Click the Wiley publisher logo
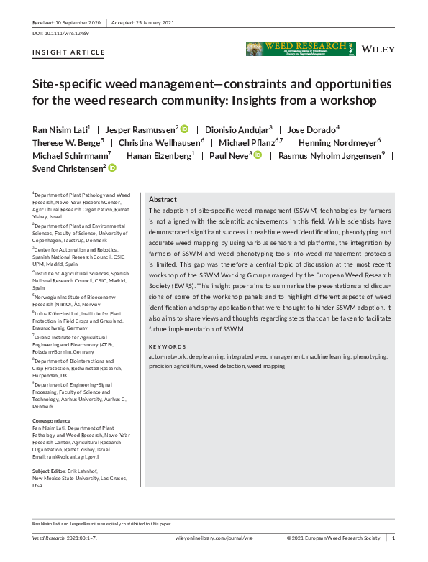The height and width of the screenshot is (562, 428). pos(378,49)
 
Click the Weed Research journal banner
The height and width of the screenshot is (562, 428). pos(300,49)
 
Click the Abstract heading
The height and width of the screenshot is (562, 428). pos(163,200)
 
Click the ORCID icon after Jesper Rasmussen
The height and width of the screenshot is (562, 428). pos(184,129)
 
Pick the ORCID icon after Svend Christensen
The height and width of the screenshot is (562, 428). pos(112,168)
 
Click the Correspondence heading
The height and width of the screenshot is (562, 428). pos(52,420)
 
